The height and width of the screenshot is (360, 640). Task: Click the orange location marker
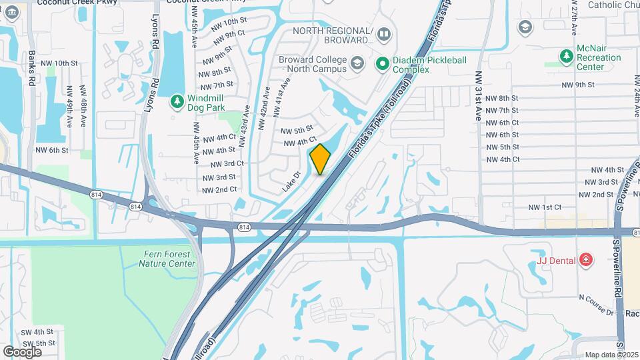point(321,159)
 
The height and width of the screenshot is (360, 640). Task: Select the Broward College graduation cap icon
point(357,64)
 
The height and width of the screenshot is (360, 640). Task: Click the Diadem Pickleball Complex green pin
point(383,64)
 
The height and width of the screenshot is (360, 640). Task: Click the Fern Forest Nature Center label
point(167,259)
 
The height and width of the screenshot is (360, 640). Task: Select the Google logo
point(22,351)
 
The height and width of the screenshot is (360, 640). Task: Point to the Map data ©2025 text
point(611,355)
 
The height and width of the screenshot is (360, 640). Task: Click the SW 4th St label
point(37,331)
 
